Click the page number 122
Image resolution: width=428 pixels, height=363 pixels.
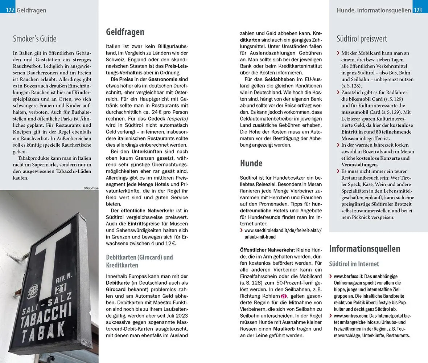click(10, 11)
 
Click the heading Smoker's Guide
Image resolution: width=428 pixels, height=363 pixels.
click(34, 38)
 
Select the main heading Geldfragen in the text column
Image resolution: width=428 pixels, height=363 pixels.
click(125, 32)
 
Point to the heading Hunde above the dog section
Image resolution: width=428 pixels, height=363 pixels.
click(251, 163)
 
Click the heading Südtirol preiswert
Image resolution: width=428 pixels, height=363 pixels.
click(362, 38)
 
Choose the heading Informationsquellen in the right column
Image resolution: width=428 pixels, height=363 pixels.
click(365, 249)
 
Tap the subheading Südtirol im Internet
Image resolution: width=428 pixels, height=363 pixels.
click(354, 264)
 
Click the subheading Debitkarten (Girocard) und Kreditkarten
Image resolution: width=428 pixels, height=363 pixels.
click(139, 261)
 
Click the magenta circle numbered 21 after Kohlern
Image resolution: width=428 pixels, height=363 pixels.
click(284, 296)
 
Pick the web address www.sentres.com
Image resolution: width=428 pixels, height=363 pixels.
click(348, 316)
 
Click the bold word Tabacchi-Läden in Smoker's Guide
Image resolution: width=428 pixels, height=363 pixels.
click(74, 171)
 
